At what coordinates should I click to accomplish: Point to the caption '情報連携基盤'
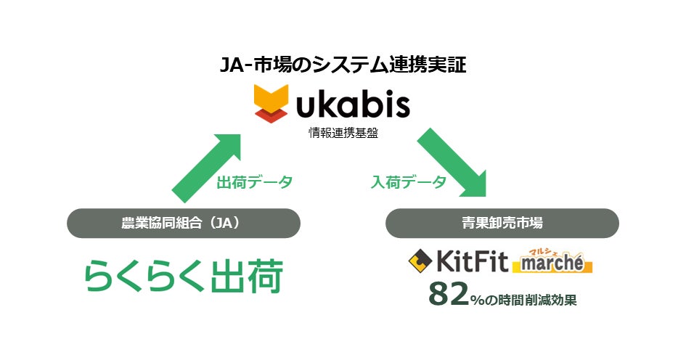343,132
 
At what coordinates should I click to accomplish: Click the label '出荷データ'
254,183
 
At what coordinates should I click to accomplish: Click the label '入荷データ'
408,183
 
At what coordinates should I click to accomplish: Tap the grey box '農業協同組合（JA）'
184,224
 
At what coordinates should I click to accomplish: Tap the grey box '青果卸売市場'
502,224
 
